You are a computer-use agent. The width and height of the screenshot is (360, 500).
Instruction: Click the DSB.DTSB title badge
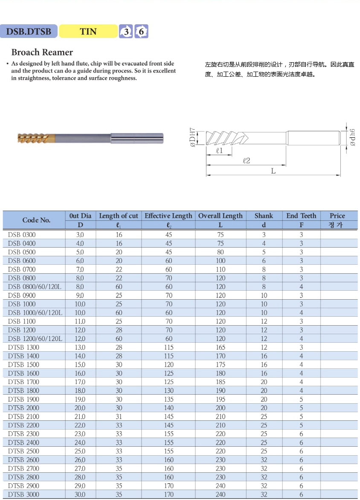[x=29, y=31]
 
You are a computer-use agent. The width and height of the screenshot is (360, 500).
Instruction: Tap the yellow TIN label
[x=88, y=31]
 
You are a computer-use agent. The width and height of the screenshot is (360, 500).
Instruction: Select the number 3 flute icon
[x=126, y=32]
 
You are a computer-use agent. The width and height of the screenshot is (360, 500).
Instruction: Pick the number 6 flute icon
[x=141, y=32]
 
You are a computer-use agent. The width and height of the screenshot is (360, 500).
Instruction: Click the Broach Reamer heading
[x=42, y=52]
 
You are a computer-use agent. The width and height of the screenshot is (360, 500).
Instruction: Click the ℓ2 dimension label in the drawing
[x=246, y=161]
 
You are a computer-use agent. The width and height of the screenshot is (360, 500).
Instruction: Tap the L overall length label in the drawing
[x=273, y=171]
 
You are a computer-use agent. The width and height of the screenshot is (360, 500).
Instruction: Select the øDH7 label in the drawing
[x=192, y=137]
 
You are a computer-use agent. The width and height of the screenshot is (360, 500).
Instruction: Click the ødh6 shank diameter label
[x=352, y=137]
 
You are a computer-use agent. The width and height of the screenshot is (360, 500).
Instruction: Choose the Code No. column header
[x=36, y=220]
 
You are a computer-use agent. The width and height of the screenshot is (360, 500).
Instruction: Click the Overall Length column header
[x=220, y=216]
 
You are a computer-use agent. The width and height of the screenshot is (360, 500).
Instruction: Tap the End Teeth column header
[x=301, y=216]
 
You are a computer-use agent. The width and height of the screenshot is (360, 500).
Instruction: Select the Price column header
[x=337, y=216]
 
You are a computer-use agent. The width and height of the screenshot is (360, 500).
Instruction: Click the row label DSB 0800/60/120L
[x=35, y=286]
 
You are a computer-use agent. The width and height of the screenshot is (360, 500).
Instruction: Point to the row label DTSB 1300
[x=23, y=347]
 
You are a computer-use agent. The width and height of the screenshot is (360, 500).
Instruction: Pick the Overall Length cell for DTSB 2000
[x=221, y=408]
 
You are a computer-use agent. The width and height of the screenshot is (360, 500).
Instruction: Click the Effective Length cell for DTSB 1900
[x=169, y=399]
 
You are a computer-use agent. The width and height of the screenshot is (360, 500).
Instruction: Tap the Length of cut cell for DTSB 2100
[x=119, y=416]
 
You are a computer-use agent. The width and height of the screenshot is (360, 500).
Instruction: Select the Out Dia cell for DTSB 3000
[x=80, y=494]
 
